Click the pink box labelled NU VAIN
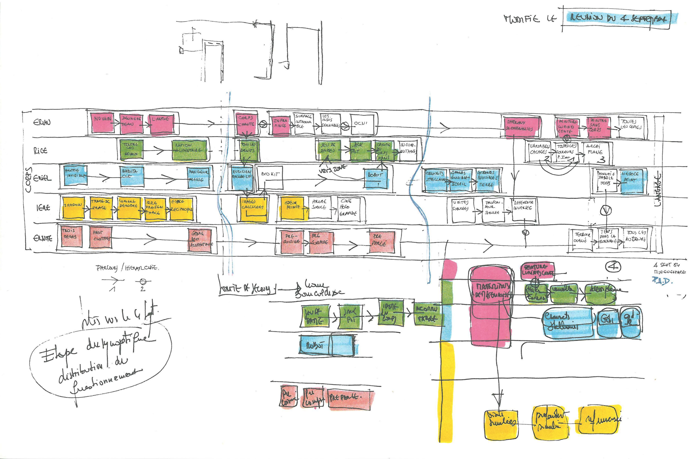(102, 123)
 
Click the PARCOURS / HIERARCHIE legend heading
(126, 267)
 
